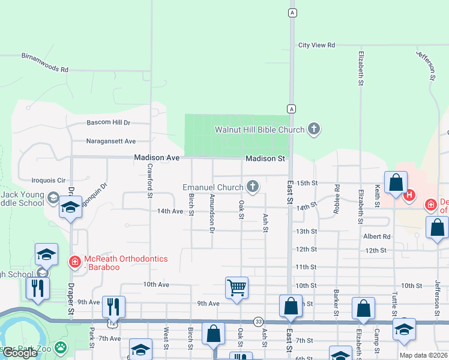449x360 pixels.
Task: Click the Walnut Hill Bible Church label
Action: pos(260,130)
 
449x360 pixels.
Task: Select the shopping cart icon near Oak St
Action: pos(237,287)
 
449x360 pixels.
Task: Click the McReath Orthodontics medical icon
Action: pos(74,262)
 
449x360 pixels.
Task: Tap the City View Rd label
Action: pos(316,45)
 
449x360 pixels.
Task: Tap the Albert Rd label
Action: pos(376,236)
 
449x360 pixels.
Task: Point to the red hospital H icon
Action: pos(410,194)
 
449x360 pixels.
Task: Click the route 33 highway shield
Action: pos(258,322)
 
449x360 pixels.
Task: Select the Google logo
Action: pos(20,353)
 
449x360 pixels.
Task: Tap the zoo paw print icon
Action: pos(61,347)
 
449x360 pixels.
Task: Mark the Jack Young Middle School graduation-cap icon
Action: pos(54,198)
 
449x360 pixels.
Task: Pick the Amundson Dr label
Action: pos(212,213)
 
